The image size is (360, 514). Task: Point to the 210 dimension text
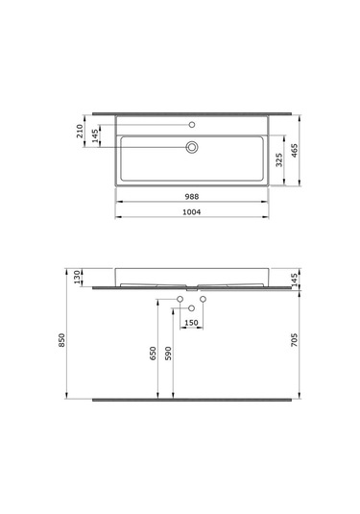[x=79, y=131]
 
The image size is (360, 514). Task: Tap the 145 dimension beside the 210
[x=95, y=135]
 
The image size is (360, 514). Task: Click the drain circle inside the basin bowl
[x=192, y=147]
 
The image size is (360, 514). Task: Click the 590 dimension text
[x=170, y=354]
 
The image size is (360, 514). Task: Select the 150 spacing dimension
[x=191, y=323]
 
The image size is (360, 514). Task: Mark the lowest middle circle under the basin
[x=191, y=307]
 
